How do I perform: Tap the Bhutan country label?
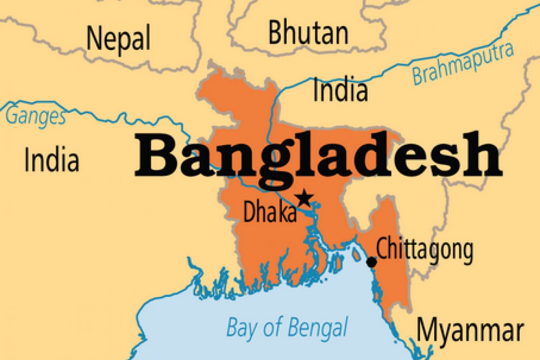(x=308, y=33)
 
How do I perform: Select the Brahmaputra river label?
(x=463, y=65)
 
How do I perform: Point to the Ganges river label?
(x=36, y=117)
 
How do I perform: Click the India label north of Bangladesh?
(x=340, y=90)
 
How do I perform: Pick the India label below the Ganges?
(x=52, y=161)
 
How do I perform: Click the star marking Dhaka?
(x=305, y=197)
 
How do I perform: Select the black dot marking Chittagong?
(x=372, y=261)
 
